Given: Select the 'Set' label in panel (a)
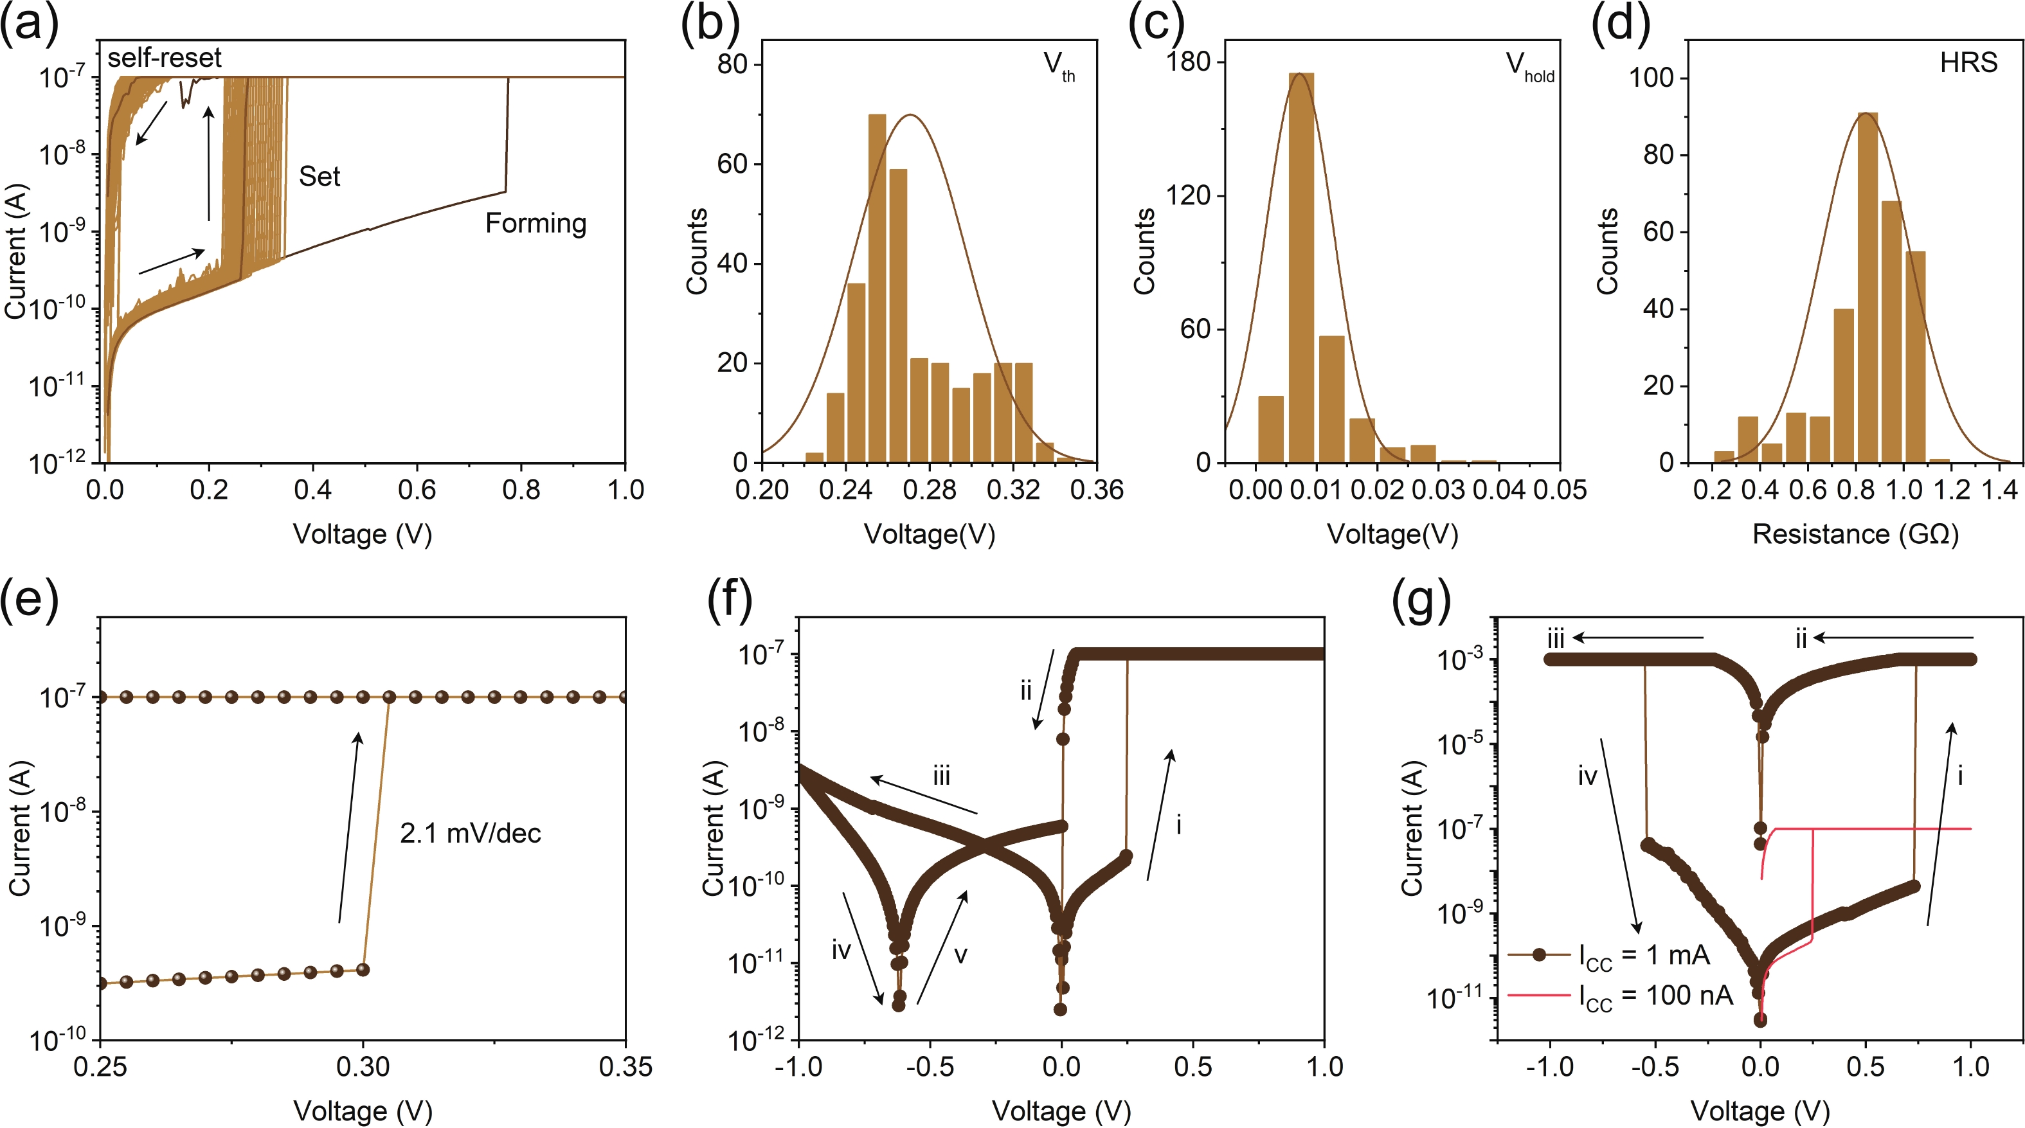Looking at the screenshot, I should click(x=319, y=176).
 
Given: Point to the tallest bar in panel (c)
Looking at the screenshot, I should click(x=1300, y=267).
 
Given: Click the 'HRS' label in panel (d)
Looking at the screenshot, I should click(x=1968, y=62).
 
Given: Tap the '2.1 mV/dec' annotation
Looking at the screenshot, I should click(x=470, y=833).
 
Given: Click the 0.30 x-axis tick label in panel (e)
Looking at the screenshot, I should click(x=363, y=1067).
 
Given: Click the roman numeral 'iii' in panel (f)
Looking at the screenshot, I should click(x=941, y=776).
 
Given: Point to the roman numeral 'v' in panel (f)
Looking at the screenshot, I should click(x=960, y=955).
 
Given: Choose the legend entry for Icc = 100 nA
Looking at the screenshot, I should click(x=1654, y=996).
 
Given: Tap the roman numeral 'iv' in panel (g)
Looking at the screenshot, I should click(x=1587, y=776).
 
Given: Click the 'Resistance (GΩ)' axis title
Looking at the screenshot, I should click(x=1855, y=535).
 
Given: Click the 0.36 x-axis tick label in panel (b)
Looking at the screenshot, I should click(x=1097, y=490).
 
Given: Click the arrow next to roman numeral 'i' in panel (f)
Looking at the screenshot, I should click(x=1160, y=814).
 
